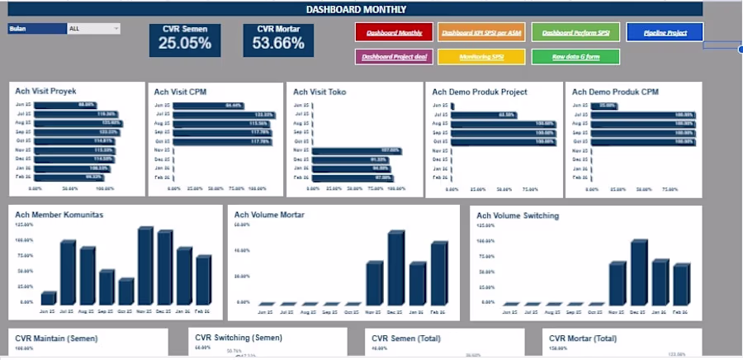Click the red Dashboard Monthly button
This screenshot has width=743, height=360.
pos(394,32)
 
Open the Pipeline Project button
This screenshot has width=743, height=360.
pos(665,32)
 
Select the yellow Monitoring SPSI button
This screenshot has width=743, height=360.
pos(480,57)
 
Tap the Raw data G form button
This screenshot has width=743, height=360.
pos(574,57)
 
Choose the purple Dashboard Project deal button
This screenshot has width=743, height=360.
pos(393,57)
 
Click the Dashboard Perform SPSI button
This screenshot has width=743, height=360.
pos(575,32)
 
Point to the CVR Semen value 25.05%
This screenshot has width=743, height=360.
pos(184,44)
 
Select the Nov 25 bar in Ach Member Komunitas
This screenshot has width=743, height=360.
pos(146,266)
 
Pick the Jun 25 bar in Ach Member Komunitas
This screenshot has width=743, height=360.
pos(49,298)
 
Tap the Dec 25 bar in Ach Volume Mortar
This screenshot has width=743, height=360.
pos(396,268)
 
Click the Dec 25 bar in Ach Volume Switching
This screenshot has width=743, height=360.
pos(639,272)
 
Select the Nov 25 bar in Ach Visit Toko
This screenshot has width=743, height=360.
pos(345,150)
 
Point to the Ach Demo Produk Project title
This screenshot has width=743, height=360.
pos(480,92)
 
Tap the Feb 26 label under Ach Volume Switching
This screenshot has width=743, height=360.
pos(681,313)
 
